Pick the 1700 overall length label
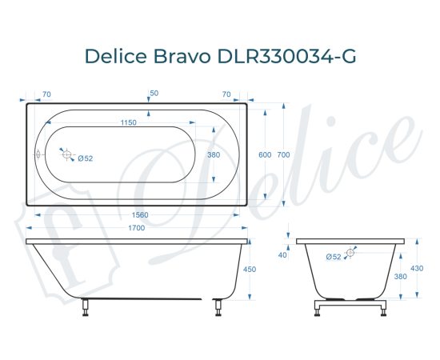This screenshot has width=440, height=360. coord(137,229)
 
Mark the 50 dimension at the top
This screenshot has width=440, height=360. coord(154,94)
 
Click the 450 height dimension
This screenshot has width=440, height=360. coord(249,270)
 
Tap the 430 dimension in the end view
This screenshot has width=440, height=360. coord(418,268)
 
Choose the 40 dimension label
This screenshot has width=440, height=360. coord(282,254)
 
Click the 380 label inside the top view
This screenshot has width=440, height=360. coord(214,154)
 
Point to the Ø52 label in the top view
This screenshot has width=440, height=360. coord(86,158)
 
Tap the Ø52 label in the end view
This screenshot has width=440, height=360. coord(334,256)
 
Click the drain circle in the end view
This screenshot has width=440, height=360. coord(352,252)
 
